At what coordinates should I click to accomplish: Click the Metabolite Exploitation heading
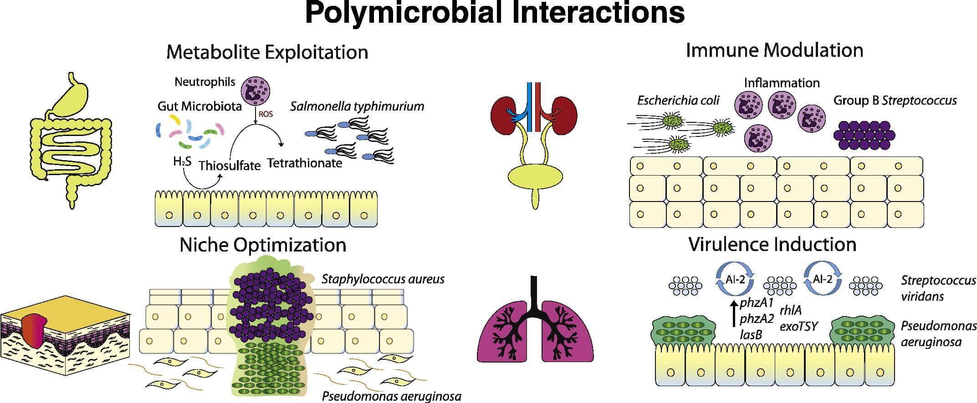267,52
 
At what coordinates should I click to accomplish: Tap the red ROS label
266,114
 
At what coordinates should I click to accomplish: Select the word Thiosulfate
229,165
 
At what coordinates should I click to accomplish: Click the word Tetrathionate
304,163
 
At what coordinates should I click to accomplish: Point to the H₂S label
182,161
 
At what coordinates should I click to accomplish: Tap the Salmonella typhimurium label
357,106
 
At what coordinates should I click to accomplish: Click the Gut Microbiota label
199,106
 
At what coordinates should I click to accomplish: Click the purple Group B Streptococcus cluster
864,136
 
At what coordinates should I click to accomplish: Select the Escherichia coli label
678,101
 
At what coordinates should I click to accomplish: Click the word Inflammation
782,83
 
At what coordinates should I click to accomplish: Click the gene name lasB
751,335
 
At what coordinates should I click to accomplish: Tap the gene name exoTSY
798,326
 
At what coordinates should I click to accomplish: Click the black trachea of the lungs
536,296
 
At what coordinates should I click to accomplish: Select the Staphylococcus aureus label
383,279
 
